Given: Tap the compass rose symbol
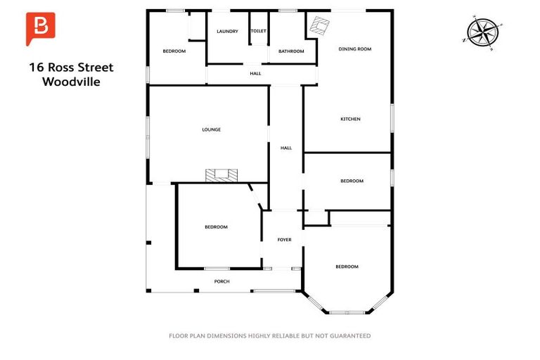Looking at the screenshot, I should (x=484, y=32).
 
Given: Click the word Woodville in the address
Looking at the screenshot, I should (x=71, y=82).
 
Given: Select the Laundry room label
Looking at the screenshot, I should (x=227, y=32).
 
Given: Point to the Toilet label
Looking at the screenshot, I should (x=258, y=32).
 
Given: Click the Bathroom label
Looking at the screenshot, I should (x=291, y=51).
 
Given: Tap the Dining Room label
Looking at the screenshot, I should (x=354, y=49).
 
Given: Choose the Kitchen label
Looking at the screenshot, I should (x=350, y=120).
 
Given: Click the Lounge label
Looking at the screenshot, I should (x=212, y=129).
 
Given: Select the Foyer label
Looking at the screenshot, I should (x=284, y=240).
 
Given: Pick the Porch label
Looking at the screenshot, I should (x=221, y=282).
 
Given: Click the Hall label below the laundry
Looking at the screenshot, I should (x=255, y=74).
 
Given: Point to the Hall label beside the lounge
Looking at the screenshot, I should (x=286, y=148).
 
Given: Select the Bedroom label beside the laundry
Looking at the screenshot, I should (x=174, y=51).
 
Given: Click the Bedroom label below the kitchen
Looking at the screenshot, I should (x=352, y=181).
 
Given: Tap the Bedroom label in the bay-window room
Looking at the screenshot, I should (x=347, y=266).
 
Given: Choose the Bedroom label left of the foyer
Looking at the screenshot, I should (x=216, y=226).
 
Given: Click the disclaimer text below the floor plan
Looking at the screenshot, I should (x=270, y=336).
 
